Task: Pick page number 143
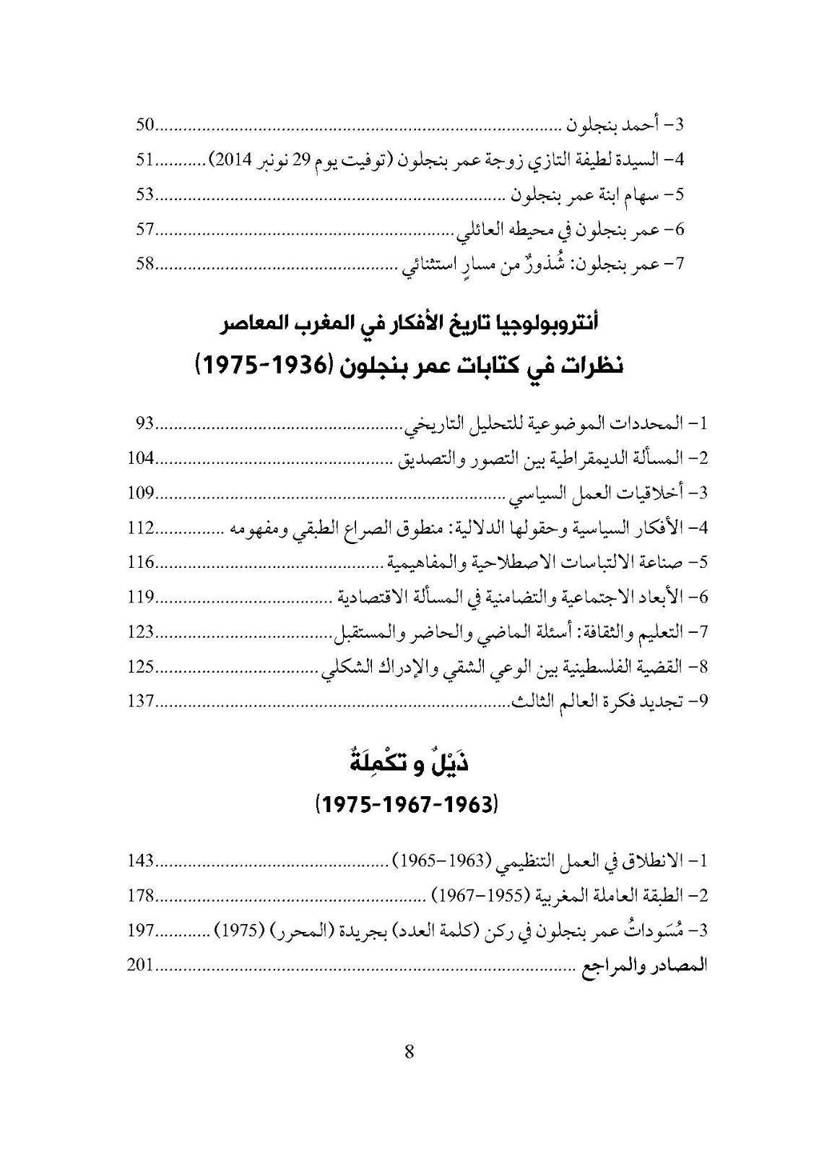pyautogui.click(x=142, y=860)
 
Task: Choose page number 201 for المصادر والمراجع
pyautogui.click(x=142, y=965)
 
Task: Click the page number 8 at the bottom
pyautogui.click(x=409, y=1051)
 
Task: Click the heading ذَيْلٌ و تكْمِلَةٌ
pyautogui.click(x=409, y=764)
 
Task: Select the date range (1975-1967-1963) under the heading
pyautogui.click(x=409, y=803)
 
